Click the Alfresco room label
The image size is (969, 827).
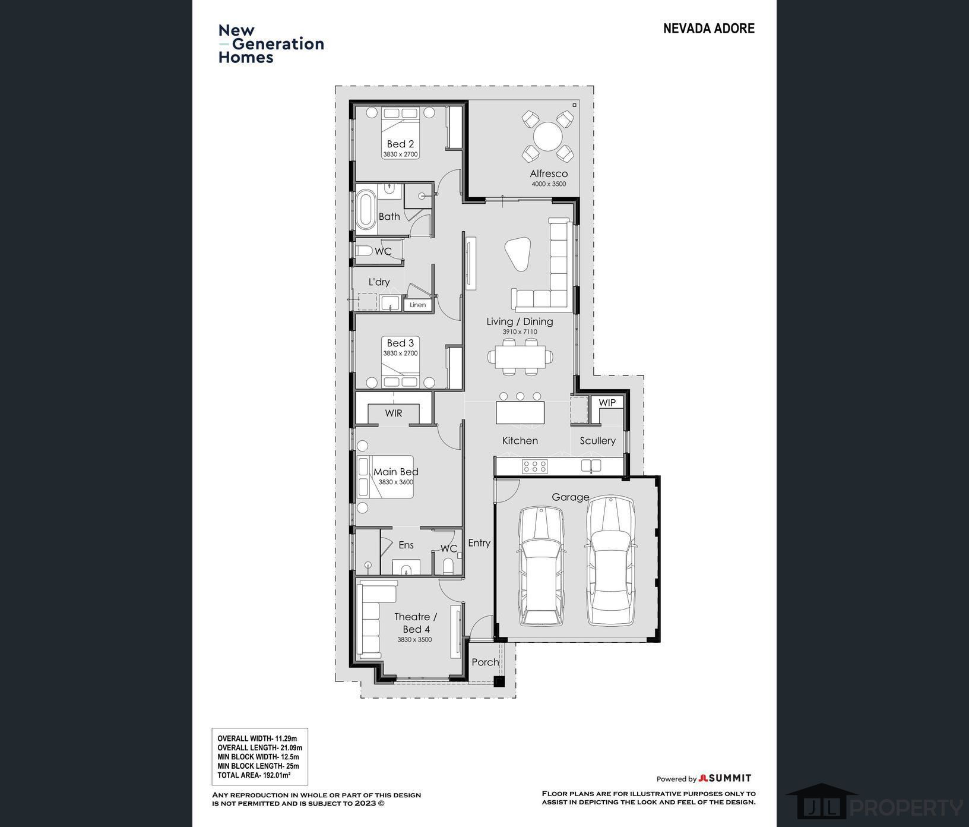pos(549,173)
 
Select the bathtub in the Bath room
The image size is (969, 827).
pos(366,210)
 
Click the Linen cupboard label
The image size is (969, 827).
pos(417,305)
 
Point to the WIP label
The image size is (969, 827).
pos(607,402)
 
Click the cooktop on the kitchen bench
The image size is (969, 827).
pos(534,466)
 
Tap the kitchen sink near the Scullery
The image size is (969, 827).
pos(591,466)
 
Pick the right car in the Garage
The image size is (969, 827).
pos(611,561)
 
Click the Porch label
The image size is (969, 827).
pos(485,662)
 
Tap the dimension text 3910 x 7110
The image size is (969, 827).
pos(520,332)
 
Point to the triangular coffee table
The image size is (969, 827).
pos(518,254)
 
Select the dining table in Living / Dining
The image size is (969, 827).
pos(520,356)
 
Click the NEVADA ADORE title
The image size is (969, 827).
pos(709,29)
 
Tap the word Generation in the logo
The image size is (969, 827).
pos(278,44)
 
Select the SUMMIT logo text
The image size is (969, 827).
pos(730,778)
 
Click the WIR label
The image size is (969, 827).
pos(394,413)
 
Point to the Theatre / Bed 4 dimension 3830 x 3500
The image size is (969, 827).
pos(414,640)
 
